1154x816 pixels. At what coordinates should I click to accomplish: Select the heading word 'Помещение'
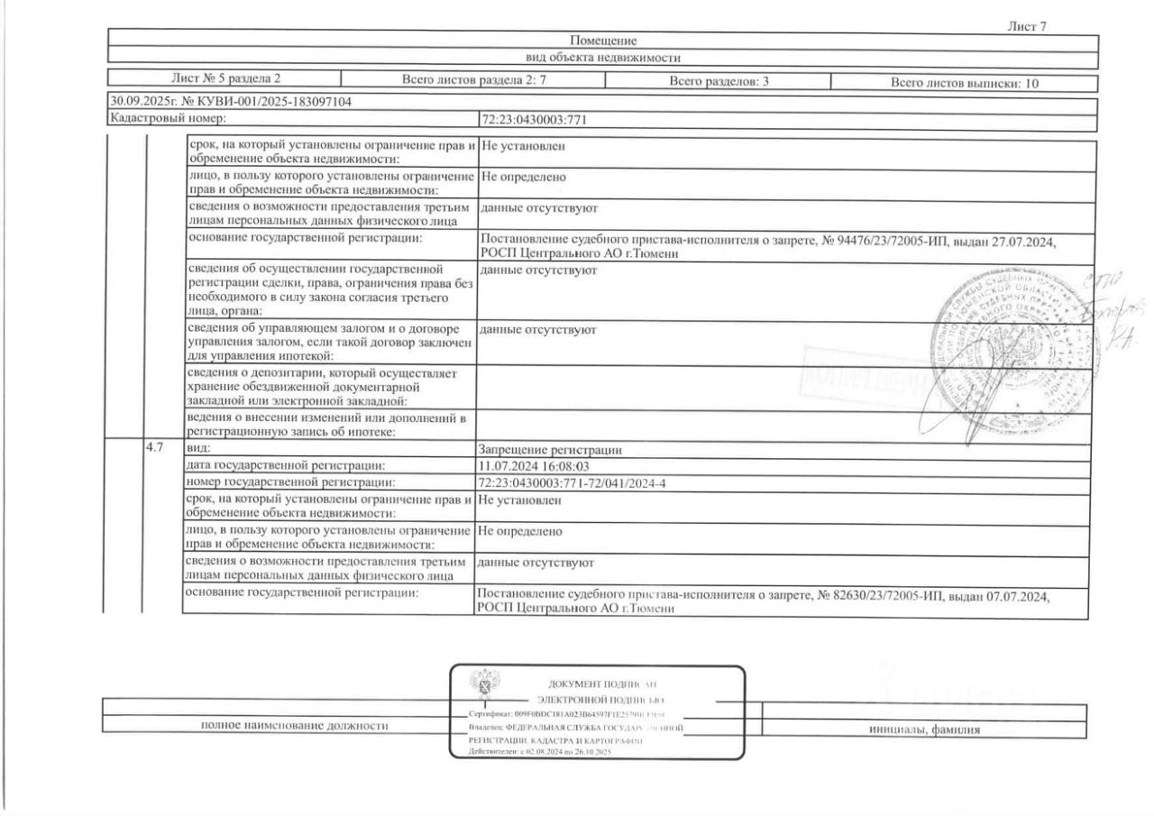[603, 41]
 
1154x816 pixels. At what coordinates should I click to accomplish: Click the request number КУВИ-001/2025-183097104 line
[230, 102]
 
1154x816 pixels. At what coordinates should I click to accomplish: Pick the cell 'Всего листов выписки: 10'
[965, 83]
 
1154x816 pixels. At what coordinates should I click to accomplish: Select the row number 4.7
[154, 448]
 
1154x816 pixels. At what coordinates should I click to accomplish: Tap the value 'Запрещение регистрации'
[550, 450]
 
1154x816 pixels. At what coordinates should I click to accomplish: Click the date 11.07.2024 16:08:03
[534, 466]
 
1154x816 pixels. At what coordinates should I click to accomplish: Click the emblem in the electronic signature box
[485, 691]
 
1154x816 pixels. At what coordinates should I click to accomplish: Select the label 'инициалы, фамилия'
[924, 729]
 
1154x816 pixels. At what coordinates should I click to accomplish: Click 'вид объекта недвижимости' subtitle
[602, 58]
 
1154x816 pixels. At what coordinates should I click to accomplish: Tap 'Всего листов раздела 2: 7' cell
[473, 82]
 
